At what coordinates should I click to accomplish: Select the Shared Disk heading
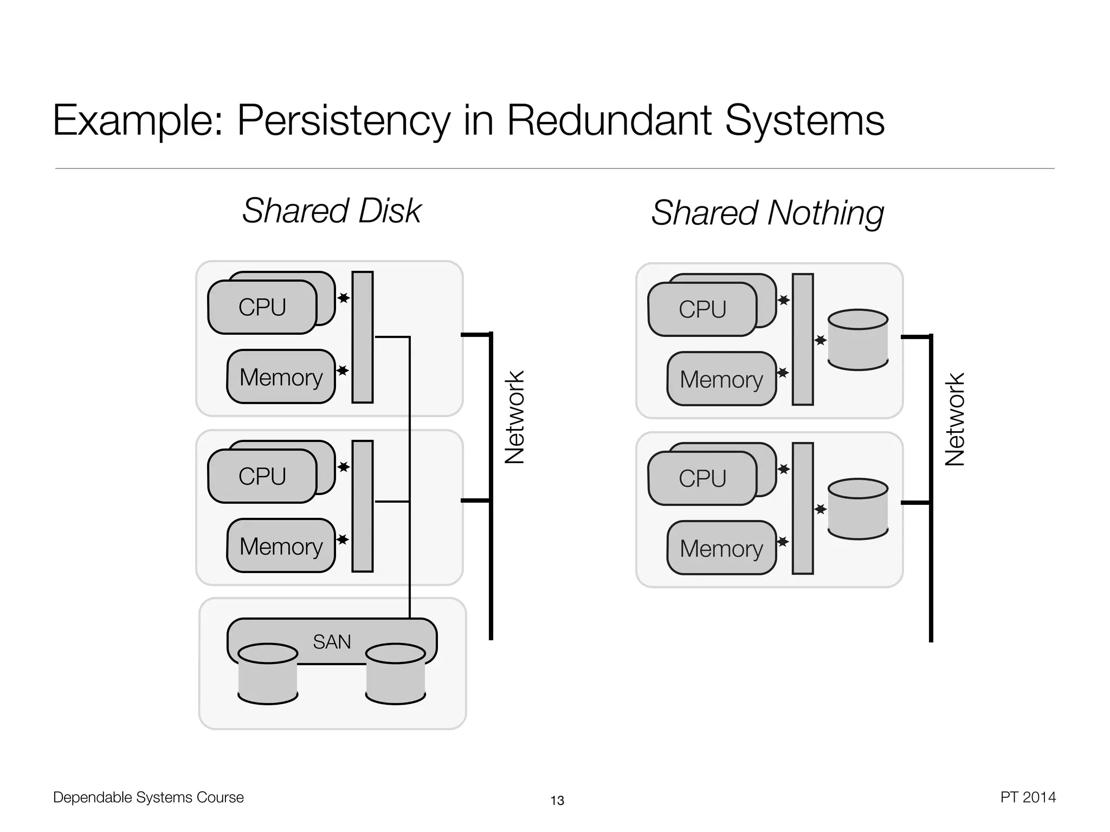coord(331,211)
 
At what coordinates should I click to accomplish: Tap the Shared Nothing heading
coord(767,213)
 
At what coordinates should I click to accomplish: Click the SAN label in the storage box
coord(332,642)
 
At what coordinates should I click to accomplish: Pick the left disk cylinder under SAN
coord(268,674)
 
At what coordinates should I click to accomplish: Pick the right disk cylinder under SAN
coord(396,674)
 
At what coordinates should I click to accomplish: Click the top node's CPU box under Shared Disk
coord(262,307)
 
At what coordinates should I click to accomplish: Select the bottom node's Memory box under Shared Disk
coord(281,546)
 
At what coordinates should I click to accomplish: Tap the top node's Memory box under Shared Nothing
coord(721,379)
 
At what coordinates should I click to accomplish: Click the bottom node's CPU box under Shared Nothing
coord(702,478)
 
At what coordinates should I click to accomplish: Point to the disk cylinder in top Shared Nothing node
coord(858,340)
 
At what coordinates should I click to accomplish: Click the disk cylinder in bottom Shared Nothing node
coord(858,509)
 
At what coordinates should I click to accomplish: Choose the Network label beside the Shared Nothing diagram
coord(955,420)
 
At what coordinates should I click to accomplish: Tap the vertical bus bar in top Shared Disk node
coord(363,337)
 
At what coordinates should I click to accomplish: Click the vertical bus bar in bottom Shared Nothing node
coord(803,508)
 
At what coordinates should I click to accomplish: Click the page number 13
coord(557,801)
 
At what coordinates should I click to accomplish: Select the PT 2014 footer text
coord(1028,797)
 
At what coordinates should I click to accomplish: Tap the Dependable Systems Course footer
coord(149,797)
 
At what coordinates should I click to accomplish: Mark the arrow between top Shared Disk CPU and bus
coord(344,298)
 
